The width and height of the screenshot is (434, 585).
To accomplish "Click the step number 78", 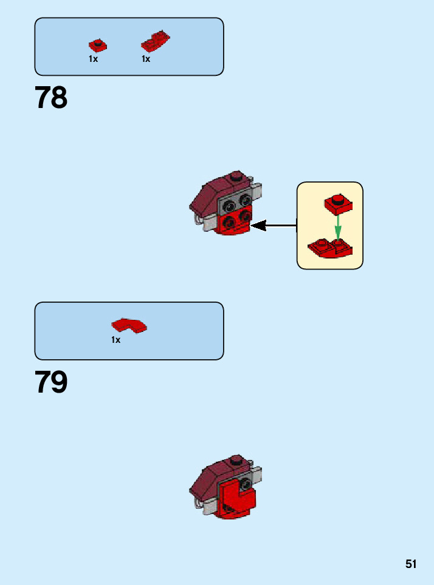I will [51, 98].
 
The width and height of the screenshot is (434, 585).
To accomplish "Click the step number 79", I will [51, 382].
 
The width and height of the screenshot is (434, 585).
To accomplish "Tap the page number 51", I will [412, 564].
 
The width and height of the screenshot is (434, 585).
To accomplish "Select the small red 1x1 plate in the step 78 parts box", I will [97, 46].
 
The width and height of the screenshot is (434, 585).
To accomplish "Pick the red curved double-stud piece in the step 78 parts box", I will [156, 42].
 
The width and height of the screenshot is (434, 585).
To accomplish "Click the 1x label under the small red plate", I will [93, 59].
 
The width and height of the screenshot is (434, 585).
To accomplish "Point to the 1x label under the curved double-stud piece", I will [146, 59].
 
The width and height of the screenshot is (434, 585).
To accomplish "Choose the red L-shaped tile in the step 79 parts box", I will [129, 325].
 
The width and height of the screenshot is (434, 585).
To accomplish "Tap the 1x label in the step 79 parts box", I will [115, 340].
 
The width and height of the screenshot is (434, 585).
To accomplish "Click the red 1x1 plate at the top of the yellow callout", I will [338, 204].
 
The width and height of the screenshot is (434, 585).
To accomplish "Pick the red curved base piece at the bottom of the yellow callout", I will [329, 248].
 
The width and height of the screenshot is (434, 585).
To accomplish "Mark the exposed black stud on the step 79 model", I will [246, 484].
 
